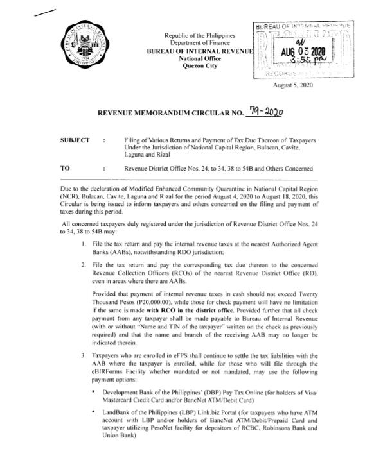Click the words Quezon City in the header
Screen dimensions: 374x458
[200, 65]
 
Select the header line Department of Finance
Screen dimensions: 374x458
[200, 42]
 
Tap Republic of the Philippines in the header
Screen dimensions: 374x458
[200, 34]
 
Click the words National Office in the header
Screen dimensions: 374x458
[200, 58]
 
